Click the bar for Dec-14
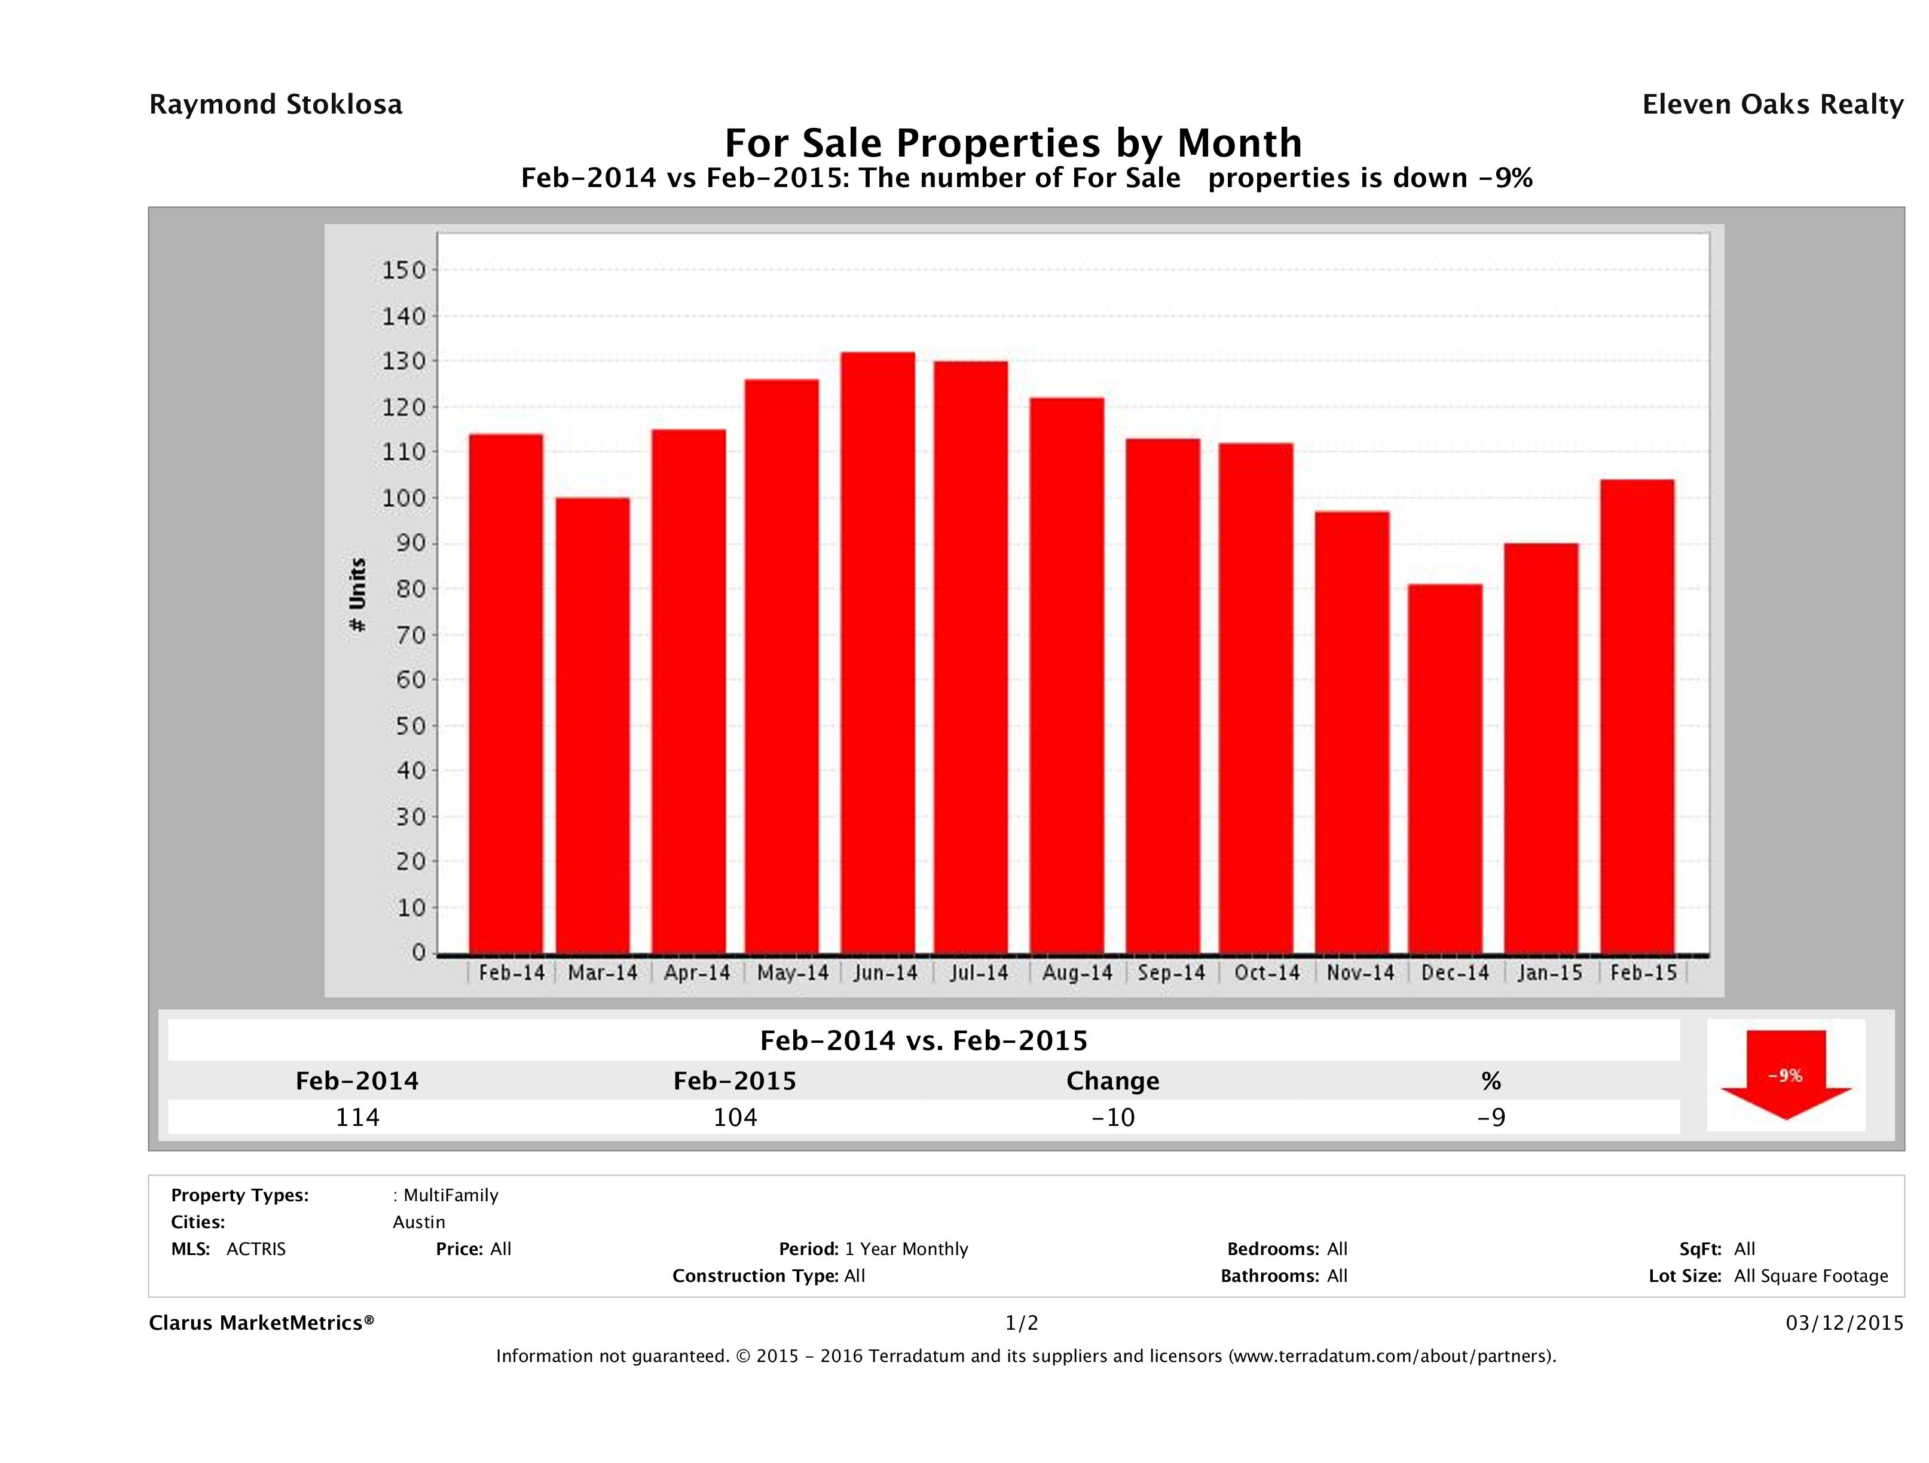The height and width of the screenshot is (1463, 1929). tap(1445, 768)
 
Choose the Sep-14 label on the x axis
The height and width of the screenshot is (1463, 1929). tap(1171, 972)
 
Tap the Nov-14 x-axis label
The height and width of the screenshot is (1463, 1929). tap(1361, 972)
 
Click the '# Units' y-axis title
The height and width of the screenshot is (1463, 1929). tap(357, 595)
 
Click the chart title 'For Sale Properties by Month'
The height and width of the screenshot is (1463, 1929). tap(1013, 143)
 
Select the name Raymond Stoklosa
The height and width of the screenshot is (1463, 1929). tap(276, 105)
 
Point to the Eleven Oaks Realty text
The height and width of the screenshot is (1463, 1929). tap(1772, 105)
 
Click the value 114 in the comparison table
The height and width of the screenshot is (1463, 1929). tap(357, 1117)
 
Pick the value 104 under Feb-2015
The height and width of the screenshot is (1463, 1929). tap(735, 1117)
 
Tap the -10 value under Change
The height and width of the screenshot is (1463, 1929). tap(1113, 1117)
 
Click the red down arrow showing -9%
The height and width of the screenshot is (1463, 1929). tap(1785, 1074)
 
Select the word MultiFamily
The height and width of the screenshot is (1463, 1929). tap(450, 1195)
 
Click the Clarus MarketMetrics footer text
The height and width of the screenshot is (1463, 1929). tap(262, 1323)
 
